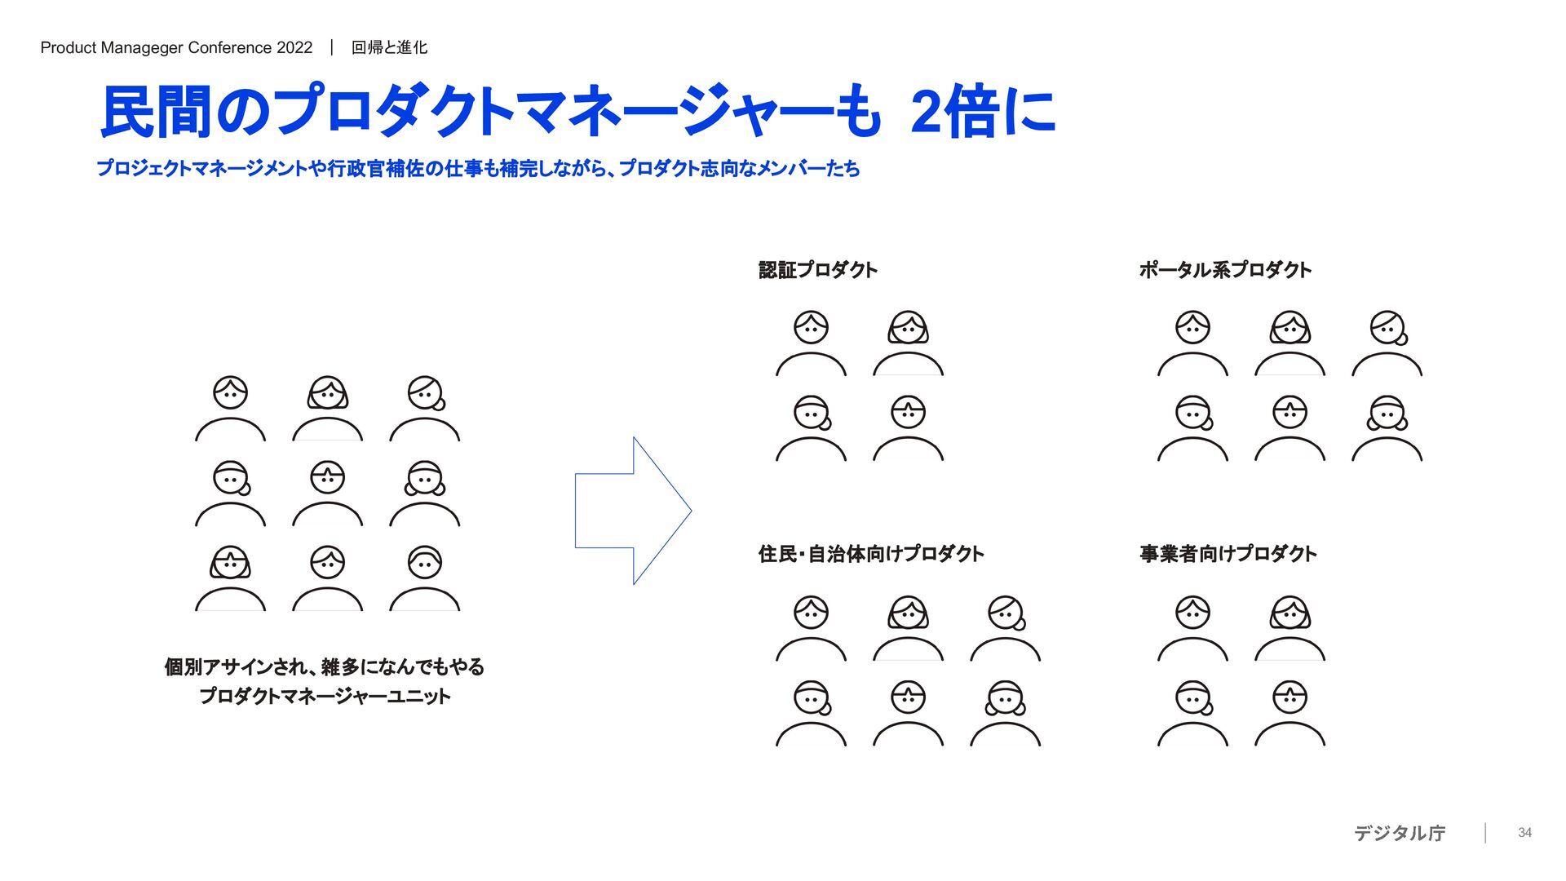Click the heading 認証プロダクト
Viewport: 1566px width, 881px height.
tap(817, 270)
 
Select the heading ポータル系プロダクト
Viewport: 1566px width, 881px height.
tap(1224, 270)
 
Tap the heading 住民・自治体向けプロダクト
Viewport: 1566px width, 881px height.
tap(870, 554)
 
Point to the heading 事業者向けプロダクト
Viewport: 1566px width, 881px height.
tap(1228, 554)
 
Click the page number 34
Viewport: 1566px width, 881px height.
tap(1524, 833)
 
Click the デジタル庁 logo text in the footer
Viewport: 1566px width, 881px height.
tap(1400, 833)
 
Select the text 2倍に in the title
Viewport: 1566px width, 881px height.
tap(983, 112)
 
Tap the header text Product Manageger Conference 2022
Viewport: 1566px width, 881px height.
tap(176, 47)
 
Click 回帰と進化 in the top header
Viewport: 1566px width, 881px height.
tap(389, 47)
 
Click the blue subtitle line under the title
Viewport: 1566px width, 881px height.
tap(478, 169)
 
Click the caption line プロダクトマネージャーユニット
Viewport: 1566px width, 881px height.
tap(325, 696)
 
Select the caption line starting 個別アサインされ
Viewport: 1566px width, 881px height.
tap(325, 666)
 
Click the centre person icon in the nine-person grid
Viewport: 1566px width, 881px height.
tap(327, 494)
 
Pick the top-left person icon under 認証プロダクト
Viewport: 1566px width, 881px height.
tap(811, 343)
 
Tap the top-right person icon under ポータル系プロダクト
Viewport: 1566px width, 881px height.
tap(1387, 343)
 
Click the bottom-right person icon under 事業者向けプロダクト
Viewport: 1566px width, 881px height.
tap(1290, 713)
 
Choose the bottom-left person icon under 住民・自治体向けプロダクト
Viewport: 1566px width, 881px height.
tap(811, 713)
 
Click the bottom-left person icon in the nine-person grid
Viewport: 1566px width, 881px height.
tap(230, 578)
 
